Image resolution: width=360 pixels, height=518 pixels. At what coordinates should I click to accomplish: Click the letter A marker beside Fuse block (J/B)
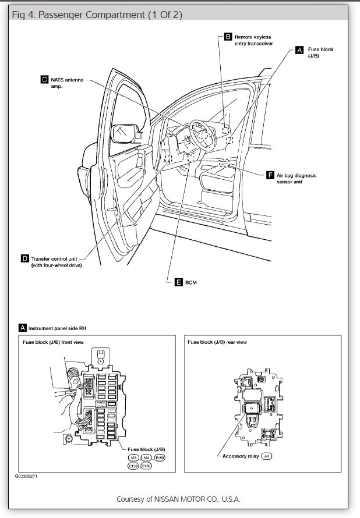[299, 50]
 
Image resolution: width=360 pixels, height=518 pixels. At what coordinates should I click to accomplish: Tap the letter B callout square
[228, 37]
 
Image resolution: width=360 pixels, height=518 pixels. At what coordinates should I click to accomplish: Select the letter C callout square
[44, 79]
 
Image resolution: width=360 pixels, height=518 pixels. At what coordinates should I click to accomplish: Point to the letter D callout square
[25, 258]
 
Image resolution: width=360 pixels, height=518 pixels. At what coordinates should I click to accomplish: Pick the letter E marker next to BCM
[179, 282]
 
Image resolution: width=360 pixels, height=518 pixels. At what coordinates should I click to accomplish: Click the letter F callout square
[270, 175]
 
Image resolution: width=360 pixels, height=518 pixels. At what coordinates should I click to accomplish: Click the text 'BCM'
[191, 282]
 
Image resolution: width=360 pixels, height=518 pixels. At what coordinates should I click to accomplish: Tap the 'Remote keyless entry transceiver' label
[253, 40]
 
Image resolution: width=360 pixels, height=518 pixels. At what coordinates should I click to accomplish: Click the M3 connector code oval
[134, 458]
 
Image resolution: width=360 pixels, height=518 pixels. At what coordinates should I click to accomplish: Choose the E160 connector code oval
[146, 466]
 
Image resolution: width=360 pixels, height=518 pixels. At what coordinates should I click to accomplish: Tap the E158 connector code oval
[160, 458]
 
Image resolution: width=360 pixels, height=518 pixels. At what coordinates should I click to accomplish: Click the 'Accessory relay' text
[240, 456]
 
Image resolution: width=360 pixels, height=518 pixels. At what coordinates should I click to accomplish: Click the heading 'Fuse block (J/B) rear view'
[217, 342]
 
